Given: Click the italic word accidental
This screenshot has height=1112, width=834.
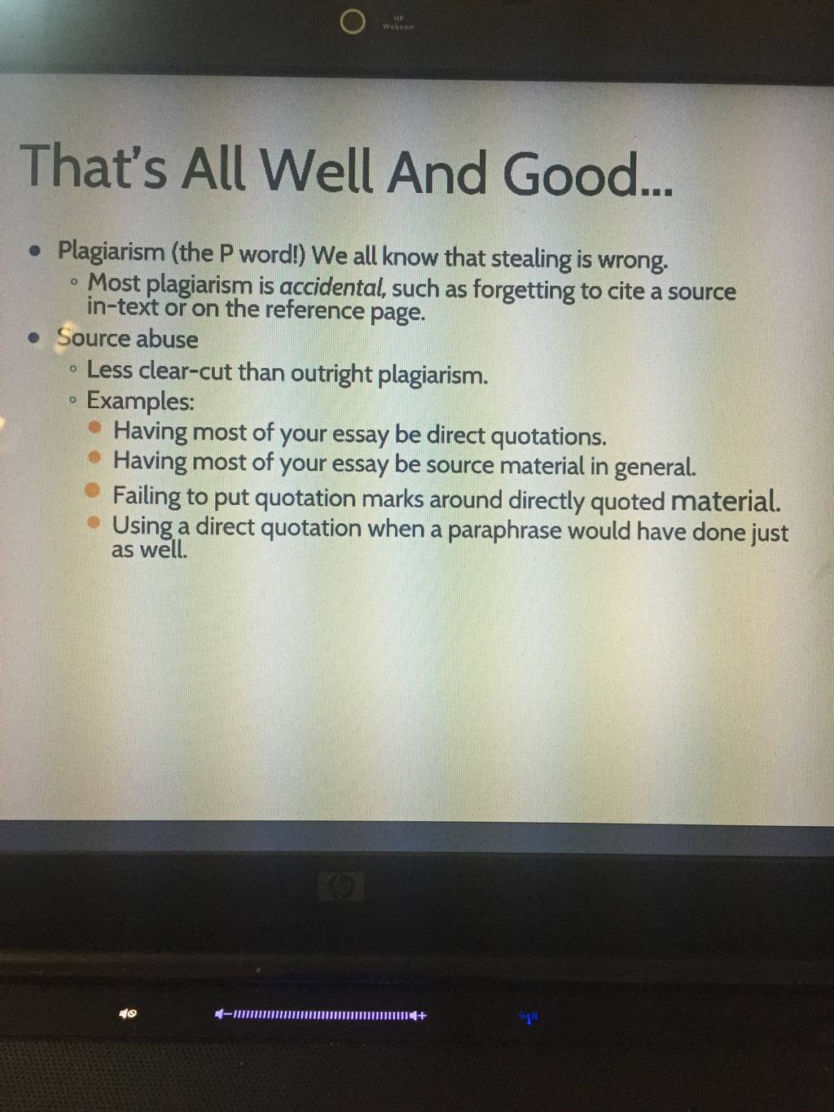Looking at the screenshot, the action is pyautogui.click(x=333, y=288).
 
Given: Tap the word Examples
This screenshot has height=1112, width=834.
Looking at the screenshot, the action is pyautogui.click(x=140, y=402).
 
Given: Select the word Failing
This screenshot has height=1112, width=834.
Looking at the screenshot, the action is pyautogui.click(x=147, y=496).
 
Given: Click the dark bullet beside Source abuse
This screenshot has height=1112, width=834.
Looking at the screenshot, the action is pyautogui.click(x=34, y=337).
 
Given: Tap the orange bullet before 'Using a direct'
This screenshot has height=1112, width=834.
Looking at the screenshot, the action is pyautogui.click(x=93, y=522).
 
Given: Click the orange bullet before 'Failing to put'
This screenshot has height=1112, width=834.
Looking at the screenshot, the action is pyautogui.click(x=92, y=490).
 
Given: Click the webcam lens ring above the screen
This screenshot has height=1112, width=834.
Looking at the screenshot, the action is pyautogui.click(x=352, y=22).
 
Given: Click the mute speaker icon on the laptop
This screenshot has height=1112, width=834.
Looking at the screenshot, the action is pyautogui.click(x=128, y=1013).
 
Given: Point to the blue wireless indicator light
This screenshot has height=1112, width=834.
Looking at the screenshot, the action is pyautogui.click(x=529, y=1018).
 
